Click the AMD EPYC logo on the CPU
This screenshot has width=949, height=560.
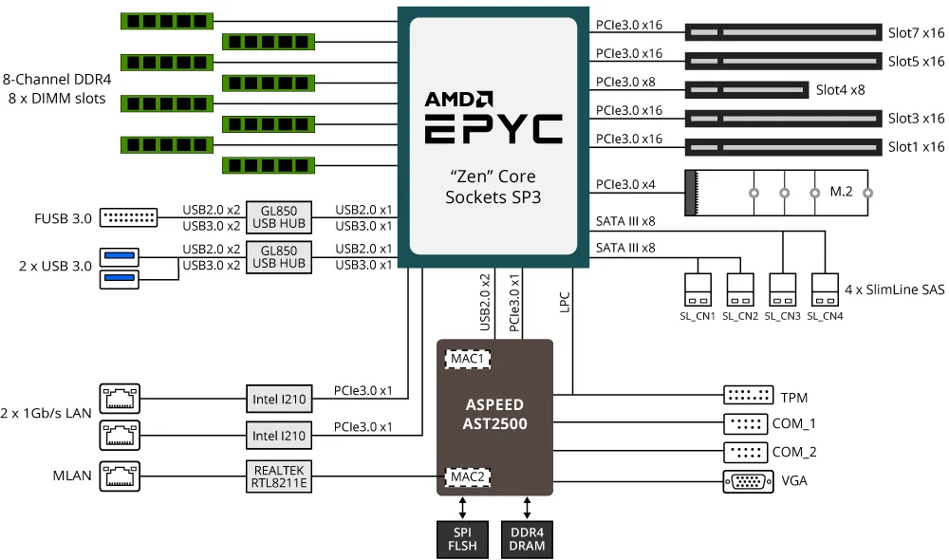click(x=493, y=117)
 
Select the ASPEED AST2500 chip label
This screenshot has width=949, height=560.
click(x=494, y=415)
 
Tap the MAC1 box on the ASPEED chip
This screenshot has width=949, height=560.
click(x=467, y=360)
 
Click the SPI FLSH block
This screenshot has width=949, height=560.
click(x=462, y=538)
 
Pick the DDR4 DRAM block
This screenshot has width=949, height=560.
click(x=527, y=538)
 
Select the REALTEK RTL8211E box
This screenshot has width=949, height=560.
click(x=278, y=476)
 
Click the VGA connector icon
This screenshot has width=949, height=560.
click(x=747, y=481)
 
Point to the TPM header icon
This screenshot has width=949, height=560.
click(x=747, y=397)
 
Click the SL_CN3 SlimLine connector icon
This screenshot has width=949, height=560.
click(x=782, y=289)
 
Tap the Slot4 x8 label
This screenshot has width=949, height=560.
click(x=840, y=90)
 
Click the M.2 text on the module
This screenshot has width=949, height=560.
click(x=841, y=192)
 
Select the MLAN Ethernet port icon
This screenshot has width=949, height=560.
click(x=119, y=476)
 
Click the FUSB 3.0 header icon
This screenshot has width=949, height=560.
click(x=128, y=218)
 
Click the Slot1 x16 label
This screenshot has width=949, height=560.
click(x=916, y=147)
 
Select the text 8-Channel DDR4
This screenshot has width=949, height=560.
click(x=57, y=82)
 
